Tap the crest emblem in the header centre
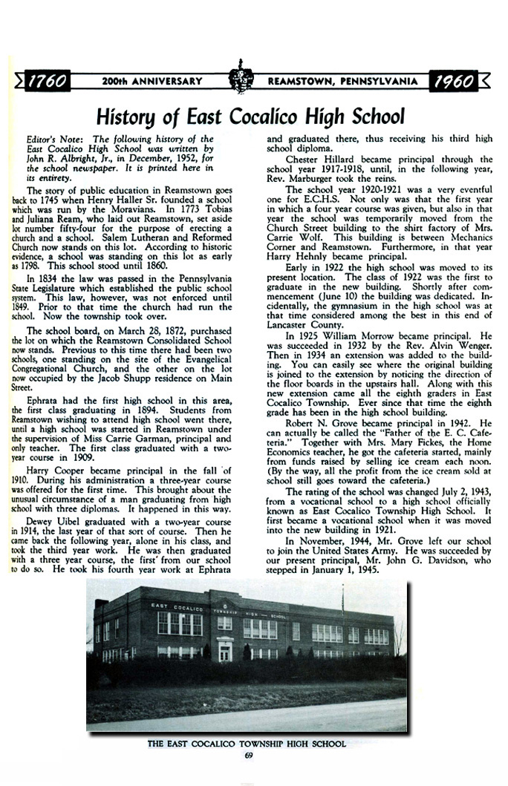pyautogui.click(x=238, y=79)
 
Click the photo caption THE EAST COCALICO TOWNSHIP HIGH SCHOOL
pyautogui.click(x=247, y=744)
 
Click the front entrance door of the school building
pyautogui.click(x=225, y=652)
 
